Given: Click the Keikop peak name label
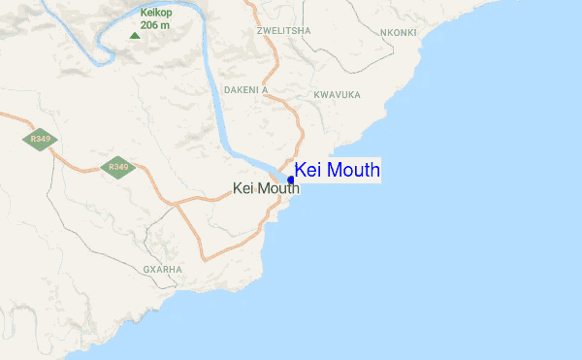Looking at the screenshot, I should (155, 13).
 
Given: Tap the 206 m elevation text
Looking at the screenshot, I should (155, 24).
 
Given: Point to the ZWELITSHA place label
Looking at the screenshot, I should (283, 31).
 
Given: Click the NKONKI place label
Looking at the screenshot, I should (399, 32).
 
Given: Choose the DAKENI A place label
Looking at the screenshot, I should (245, 89).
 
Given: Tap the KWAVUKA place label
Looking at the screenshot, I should (338, 95).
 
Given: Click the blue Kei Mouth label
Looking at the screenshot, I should (337, 171).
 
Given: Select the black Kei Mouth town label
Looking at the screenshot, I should (267, 188).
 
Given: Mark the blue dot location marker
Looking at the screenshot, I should (291, 180).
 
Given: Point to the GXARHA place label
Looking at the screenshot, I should (162, 268).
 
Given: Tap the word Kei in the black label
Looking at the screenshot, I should (243, 188).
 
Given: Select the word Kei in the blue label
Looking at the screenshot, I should (307, 171).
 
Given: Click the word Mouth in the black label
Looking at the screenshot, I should (278, 188).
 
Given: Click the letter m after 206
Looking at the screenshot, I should (167, 24).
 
